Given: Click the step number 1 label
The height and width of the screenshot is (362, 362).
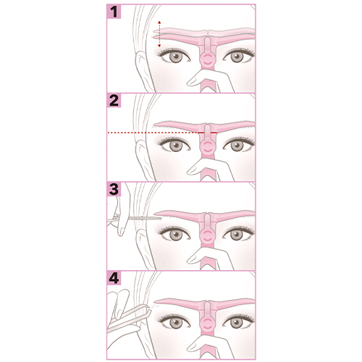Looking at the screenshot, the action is pyautogui.click(x=114, y=12).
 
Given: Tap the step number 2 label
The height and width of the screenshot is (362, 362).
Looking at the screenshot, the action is pyautogui.click(x=114, y=101).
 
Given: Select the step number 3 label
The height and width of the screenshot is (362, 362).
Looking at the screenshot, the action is pyautogui.click(x=114, y=189).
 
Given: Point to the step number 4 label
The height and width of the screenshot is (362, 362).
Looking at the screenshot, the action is pyautogui.click(x=114, y=278).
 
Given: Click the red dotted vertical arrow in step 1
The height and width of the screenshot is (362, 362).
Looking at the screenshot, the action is pyautogui.click(x=159, y=34).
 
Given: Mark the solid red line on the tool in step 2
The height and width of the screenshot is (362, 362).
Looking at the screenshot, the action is pyautogui.click(x=208, y=132).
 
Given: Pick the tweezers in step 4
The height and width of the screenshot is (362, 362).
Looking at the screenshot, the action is pyautogui.click(x=128, y=316).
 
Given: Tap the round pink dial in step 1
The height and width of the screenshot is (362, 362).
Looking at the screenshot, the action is pyautogui.click(x=208, y=59).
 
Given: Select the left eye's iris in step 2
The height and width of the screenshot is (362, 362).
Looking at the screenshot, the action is pyautogui.click(x=176, y=146).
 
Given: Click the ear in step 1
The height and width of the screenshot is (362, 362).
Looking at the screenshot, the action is pyautogui.click(x=142, y=70).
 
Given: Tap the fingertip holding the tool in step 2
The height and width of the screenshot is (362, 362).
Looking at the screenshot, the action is pyautogui.click(x=191, y=170).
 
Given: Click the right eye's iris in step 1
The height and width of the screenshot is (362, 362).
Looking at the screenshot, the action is pyautogui.click(x=237, y=57).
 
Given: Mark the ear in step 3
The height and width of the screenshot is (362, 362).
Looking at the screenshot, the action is pyautogui.click(x=142, y=248).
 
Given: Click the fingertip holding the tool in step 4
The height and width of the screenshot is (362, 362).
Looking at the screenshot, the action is pyautogui.click(x=191, y=348).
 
